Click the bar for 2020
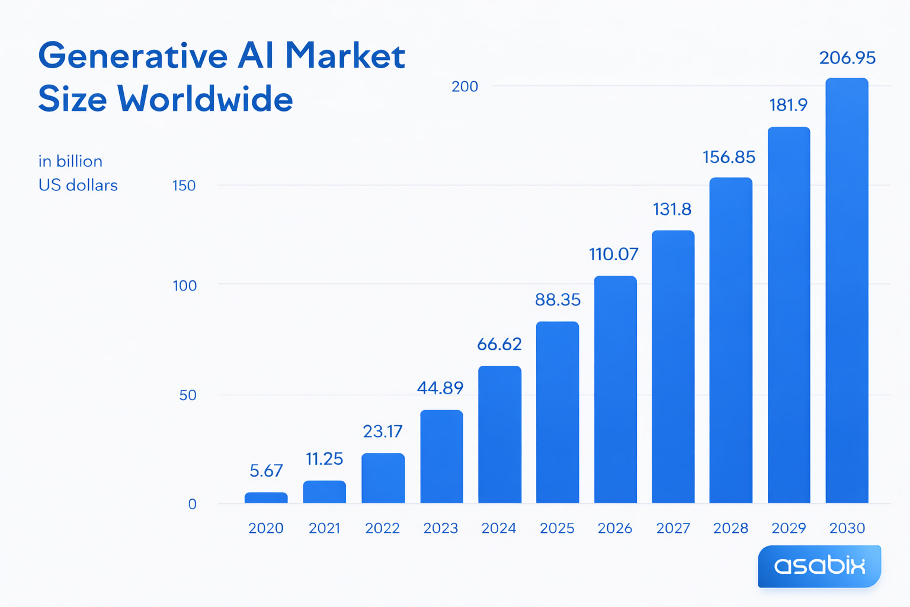[266, 498]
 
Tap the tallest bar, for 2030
[847, 290]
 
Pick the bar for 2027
[673, 367]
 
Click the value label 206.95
[847, 58]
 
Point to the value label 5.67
[266, 471]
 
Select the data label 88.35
[557, 300]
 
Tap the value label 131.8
[672, 209]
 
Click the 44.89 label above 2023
[440, 388]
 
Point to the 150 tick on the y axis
[184, 186]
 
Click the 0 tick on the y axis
[192, 504]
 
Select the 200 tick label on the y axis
[464, 87]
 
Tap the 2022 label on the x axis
[383, 528]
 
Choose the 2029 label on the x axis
[789, 528]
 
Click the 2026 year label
[615, 528]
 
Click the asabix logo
[819, 566]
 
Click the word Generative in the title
[133, 56]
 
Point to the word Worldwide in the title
[205, 99]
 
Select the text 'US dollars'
[78, 186]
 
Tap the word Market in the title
[345, 56]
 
